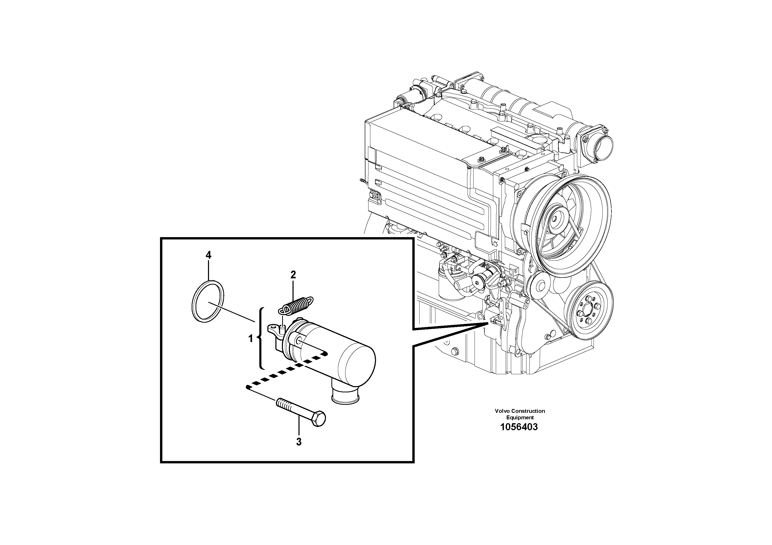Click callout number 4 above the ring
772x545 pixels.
coord(208,255)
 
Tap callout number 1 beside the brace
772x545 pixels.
coord(251,339)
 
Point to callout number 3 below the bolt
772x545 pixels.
coord(298,442)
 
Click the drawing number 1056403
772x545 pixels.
coord(519,427)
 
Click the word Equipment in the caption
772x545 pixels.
coord(520,417)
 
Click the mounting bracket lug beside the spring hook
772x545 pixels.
coord(273,328)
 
